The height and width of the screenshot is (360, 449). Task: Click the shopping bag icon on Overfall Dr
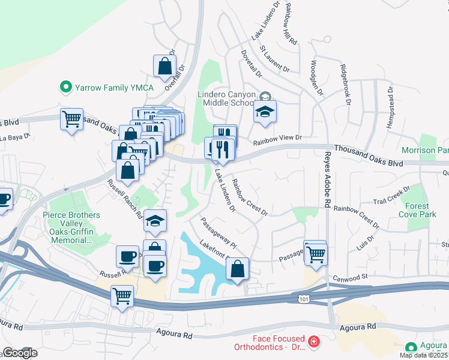coord(164,67)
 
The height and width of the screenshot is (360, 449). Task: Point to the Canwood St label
coord(351,278)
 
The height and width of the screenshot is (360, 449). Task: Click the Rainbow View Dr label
coord(277,139)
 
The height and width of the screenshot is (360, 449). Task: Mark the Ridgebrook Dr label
coord(345,85)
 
